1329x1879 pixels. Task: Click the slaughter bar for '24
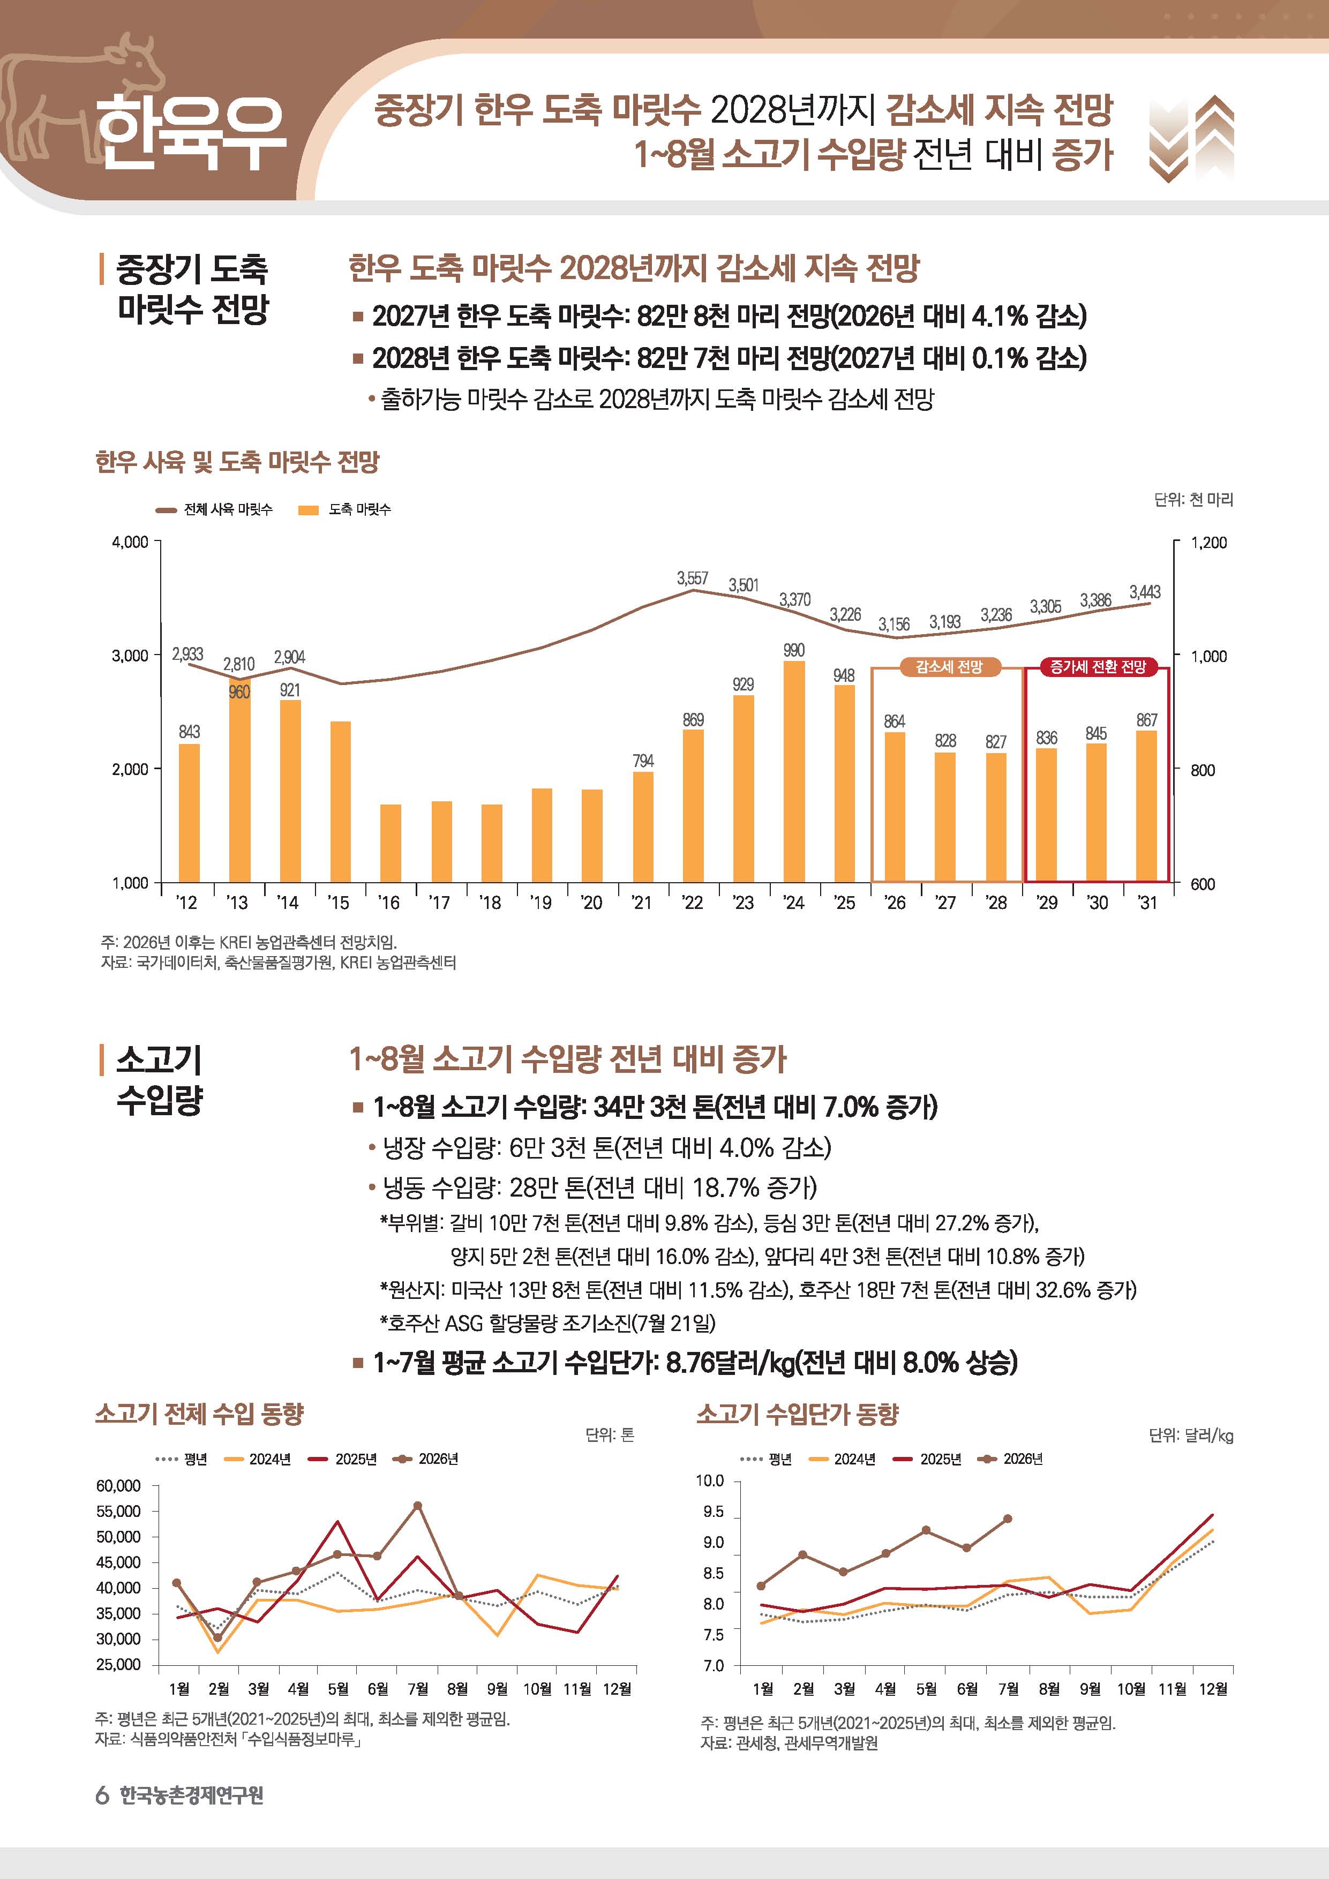[794, 772]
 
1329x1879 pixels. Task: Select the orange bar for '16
[391, 844]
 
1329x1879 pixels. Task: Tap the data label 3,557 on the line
[692, 578]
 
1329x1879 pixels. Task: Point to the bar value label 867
[1146, 720]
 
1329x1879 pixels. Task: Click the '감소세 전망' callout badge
[949, 667]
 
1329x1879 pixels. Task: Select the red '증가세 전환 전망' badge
[1098, 667]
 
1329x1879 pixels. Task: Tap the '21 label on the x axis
[642, 903]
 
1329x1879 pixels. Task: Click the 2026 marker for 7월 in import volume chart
[417, 1506]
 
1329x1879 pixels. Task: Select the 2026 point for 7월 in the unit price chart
[1008, 1519]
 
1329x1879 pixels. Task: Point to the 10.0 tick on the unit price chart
[710, 1480]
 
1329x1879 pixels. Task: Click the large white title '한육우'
[191, 133]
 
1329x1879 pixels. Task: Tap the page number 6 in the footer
[102, 1795]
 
